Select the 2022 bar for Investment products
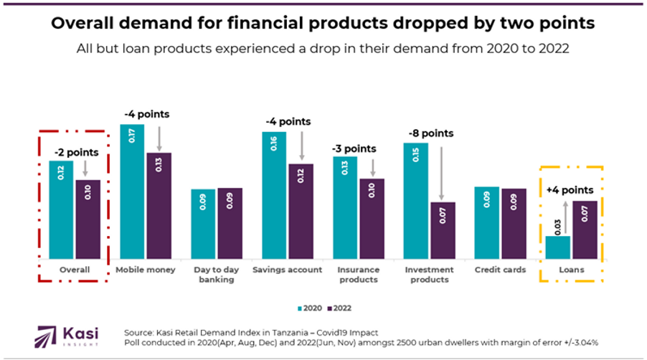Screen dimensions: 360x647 click(x=443, y=230)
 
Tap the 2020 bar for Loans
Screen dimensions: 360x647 click(x=557, y=247)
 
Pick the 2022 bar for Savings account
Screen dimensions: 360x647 click(x=301, y=211)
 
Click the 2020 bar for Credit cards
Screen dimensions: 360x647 click(x=486, y=222)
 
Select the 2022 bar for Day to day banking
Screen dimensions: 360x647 click(x=230, y=223)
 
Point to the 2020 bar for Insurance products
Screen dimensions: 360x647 click(x=344, y=207)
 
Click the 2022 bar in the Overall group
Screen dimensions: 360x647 click(x=88, y=219)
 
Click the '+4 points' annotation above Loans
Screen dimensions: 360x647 click(x=570, y=190)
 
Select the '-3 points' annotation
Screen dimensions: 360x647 click(x=353, y=148)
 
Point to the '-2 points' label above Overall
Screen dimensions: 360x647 click(x=75, y=152)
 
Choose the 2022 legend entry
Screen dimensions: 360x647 click(x=339, y=308)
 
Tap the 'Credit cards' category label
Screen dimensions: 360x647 click(x=500, y=270)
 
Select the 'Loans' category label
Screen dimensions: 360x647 click(x=571, y=270)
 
